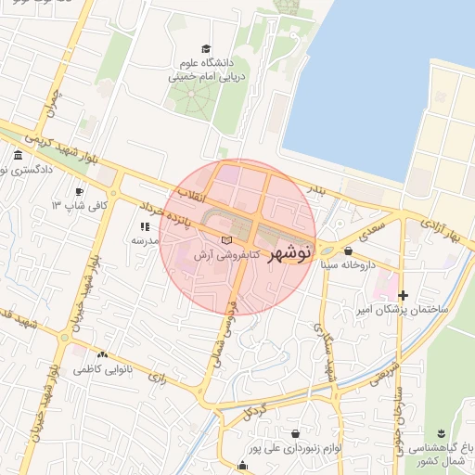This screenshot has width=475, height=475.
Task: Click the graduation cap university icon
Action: (x=205, y=49)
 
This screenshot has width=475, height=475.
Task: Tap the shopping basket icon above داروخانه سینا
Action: (x=348, y=250)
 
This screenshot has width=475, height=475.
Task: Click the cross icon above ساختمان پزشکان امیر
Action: (x=402, y=295)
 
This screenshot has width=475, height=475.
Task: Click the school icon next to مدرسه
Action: (x=144, y=226)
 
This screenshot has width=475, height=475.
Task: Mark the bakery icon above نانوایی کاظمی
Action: (x=102, y=354)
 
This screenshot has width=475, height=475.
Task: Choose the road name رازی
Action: (x=157, y=378)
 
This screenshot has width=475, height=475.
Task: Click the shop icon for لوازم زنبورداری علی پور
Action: (x=295, y=433)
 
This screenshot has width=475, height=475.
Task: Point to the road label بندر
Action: (x=317, y=190)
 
